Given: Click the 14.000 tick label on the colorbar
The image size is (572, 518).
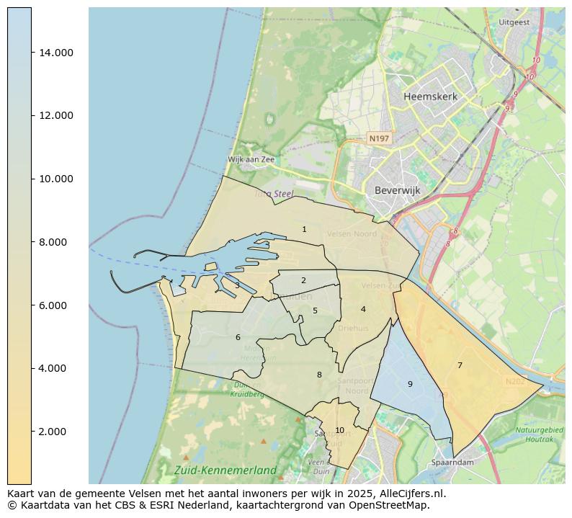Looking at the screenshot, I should coord(55,53).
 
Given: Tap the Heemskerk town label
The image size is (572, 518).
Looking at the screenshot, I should coord(430,97).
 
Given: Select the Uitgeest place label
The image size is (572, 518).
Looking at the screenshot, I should coord(514,22).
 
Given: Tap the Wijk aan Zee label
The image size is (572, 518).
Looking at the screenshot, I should coord(251,159).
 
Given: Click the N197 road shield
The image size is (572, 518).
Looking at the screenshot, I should coord(379,138).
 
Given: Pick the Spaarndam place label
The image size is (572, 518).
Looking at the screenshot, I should coord(452,462).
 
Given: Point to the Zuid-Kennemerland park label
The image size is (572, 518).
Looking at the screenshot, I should coord(225,470).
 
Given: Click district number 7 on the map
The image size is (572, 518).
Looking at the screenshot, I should coord(460,365).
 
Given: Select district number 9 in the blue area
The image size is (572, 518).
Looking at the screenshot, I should coord(410,384).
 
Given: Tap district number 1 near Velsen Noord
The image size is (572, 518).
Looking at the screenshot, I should coord(304,229).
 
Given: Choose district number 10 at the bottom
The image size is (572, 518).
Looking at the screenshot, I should coord(339,430).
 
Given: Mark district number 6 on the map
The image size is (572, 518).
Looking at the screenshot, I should coord(238,337).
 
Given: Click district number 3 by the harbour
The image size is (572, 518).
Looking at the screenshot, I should coord(237,285).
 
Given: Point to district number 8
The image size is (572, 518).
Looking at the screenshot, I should coord(319,375).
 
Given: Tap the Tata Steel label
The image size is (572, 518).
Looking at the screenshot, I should coord(274,194).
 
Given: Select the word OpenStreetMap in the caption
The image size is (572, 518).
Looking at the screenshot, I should coord(393,505).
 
